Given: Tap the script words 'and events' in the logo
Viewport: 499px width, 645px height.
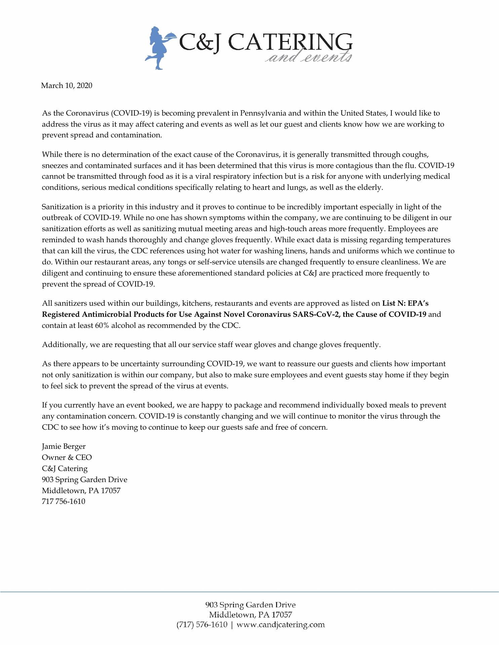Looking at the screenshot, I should (x=308, y=58).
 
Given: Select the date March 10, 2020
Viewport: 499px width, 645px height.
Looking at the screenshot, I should (x=67, y=85).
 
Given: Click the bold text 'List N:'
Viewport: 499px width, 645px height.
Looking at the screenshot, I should (x=394, y=303).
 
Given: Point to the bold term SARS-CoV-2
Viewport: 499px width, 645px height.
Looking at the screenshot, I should (x=320, y=314).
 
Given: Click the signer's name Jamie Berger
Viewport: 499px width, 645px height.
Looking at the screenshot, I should (x=64, y=446).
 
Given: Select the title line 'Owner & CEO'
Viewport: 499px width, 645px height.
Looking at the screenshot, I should (x=67, y=458).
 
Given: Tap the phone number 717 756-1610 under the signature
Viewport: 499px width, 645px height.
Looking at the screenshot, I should (x=64, y=502).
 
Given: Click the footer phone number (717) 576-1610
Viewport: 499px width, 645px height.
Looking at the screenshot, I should (x=202, y=625).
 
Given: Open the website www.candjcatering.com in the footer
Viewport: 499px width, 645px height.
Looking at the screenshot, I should (x=281, y=625).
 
